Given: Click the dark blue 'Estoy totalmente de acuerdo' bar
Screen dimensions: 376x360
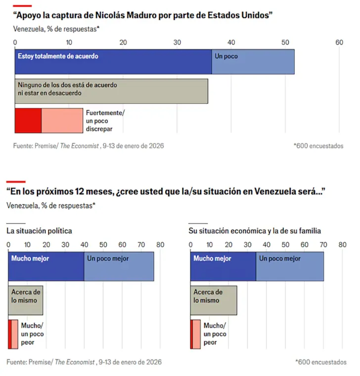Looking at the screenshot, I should tap(113, 62).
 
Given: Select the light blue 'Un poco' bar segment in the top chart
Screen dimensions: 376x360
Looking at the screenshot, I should tap(253, 62).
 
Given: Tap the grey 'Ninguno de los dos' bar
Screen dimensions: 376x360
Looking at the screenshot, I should tap(111, 91).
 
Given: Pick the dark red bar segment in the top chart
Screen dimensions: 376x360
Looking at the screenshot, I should tap(28, 120).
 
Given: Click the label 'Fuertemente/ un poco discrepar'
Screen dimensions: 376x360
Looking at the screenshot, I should tap(104, 121).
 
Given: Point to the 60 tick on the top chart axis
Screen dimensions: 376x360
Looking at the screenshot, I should tap(339, 43).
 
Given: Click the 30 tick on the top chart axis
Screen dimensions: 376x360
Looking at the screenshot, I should tap(177, 43).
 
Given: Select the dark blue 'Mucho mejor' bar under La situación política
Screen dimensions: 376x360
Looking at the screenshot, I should tap(46, 267).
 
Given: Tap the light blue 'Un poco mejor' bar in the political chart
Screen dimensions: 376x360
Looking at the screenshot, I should tap(119, 267).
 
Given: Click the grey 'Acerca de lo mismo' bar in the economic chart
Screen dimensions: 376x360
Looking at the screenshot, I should tap(214, 300).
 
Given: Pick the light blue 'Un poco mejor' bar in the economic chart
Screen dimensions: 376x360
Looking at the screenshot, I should tap(290, 267).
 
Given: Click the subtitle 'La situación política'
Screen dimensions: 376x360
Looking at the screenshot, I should tap(39, 231).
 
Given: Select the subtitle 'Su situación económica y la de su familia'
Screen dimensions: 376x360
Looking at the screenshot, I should tap(255, 231).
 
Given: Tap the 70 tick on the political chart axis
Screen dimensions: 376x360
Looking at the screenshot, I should tap(141, 244).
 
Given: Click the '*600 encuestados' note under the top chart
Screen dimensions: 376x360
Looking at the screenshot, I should tap(318, 146).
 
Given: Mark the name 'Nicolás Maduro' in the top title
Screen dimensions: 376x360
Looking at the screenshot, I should tap(132, 15).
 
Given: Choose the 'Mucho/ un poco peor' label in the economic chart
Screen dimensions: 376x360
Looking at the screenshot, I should tap(215, 333).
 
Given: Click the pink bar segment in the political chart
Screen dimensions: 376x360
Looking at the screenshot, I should tap(14, 334).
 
